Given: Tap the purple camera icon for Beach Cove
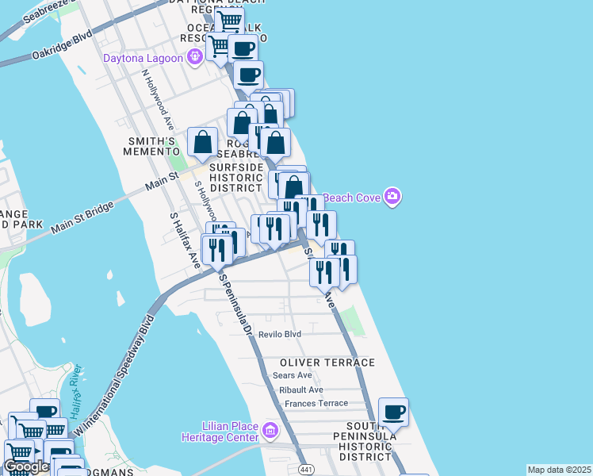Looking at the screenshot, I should pos(392,196).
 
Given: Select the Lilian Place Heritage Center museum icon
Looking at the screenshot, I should pos(270,431).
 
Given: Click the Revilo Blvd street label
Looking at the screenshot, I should pos(280,335).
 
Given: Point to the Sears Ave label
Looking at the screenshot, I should pos(292,375).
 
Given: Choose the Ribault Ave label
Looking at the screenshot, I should pos(300,390).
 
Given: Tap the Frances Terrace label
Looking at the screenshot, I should pos(316,403).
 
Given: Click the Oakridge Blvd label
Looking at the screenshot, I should pos(62,47).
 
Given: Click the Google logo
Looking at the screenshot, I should pos(26,466).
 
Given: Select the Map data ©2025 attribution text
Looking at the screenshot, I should pos(559,470).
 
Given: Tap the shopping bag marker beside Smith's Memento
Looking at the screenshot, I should pos(203,143).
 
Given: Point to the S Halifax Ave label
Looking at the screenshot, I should pos(186,239).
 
